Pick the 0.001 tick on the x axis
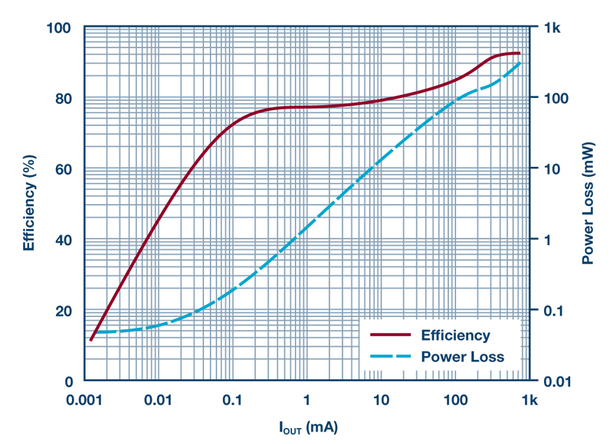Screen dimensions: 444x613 click(x=84, y=400)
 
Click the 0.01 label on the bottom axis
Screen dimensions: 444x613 click(x=159, y=400)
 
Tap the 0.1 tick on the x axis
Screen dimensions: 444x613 click(x=233, y=400)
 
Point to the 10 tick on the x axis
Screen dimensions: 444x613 click(x=381, y=400)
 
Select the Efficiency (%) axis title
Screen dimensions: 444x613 click(x=29, y=205)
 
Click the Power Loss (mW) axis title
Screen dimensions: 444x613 click(x=588, y=205)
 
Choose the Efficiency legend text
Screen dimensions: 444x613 click(x=454, y=335)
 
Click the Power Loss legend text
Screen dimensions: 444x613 click(x=462, y=357)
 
